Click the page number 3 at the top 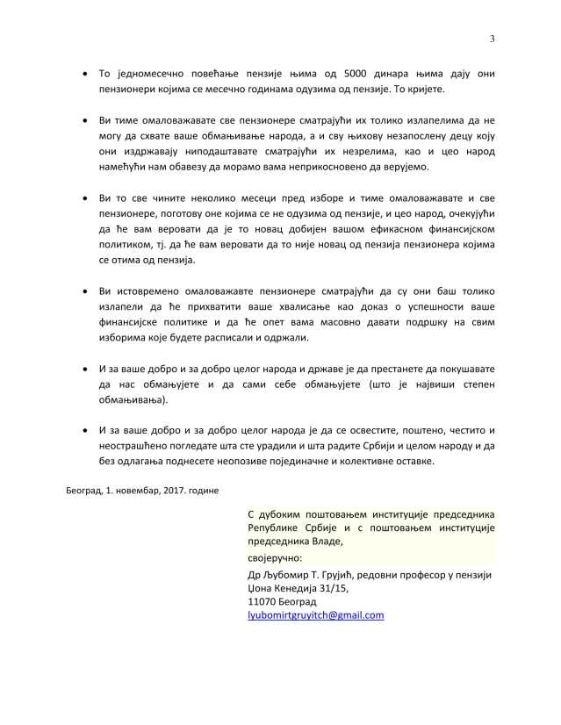[x=493, y=38]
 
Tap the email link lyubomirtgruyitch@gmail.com [x=317, y=615]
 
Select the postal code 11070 [x=265, y=602]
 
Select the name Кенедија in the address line [x=298, y=588]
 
